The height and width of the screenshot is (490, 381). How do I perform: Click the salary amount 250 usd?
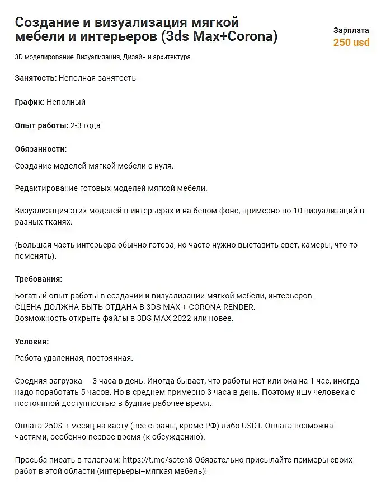point(351,42)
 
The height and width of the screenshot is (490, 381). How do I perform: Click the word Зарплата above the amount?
point(351,30)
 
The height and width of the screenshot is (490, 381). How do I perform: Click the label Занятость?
point(36,78)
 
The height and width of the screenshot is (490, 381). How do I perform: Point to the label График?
point(30,102)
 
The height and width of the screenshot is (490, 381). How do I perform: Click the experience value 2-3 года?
point(86,125)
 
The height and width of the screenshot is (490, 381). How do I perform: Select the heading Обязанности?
point(41,149)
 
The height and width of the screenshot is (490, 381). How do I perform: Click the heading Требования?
point(39,279)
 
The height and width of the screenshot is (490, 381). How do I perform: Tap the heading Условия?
point(32,342)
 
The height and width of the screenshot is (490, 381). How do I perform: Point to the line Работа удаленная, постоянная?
point(74,357)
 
